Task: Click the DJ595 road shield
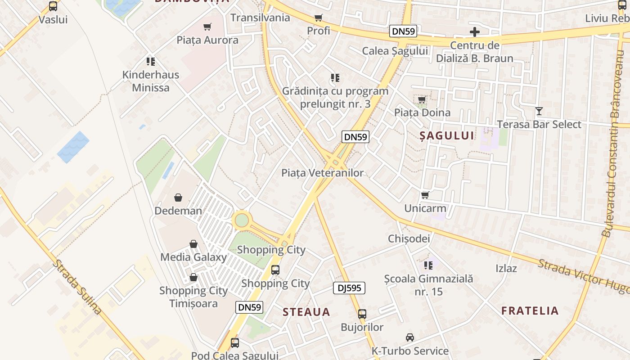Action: (x=349, y=288)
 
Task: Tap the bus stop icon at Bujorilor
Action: (x=362, y=314)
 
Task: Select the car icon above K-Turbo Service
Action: (x=410, y=337)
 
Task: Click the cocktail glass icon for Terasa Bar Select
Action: (x=539, y=111)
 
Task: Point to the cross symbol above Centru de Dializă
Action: (x=475, y=32)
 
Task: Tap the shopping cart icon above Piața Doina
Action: (x=422, y=99)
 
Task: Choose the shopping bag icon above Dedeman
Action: (x=178, y=198)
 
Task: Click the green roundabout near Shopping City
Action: (x=242, y=220)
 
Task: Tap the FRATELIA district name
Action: (x=530, y=310)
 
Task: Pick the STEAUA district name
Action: (x=306, y=312)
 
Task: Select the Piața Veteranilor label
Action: (x=322, y=173)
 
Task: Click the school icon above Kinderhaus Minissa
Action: (x=151, y=62)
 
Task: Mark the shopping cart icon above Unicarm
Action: (x=425, y=195)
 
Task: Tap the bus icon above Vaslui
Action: (x=53, y=6)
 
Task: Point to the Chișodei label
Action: (x=409, y=238)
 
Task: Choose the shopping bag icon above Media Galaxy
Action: (x=193, y=244)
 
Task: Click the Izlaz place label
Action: (x=506, y=268)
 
